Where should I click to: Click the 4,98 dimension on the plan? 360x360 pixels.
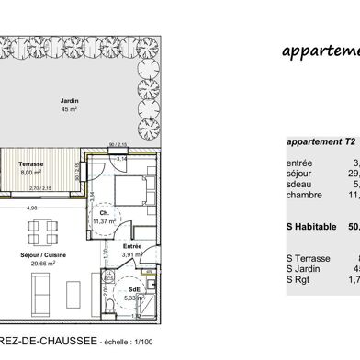pyautogui.click(x=30, y=208)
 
